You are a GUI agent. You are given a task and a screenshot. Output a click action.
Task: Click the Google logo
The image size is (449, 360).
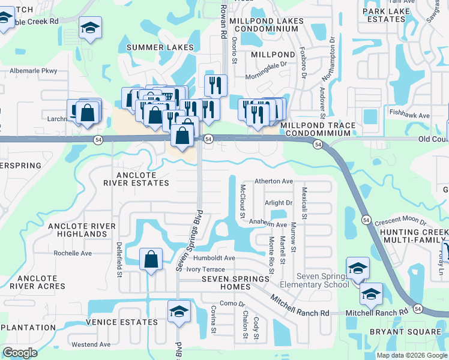(20, 352)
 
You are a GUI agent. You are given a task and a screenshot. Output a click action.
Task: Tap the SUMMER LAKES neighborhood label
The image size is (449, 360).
(160, 47)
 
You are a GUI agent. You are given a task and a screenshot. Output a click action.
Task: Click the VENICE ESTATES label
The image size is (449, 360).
(122, 322)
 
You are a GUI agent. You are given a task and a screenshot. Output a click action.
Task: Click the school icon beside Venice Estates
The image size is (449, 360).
(179, 311)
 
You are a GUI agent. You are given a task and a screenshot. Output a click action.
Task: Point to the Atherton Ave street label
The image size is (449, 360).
(274, 181)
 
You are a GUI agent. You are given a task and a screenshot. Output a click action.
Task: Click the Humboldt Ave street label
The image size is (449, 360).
(214, 258)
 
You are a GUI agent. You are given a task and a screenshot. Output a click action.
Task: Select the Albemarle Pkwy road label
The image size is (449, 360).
(32, 71)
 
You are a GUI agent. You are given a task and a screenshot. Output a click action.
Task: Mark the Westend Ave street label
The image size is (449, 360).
(91, 345)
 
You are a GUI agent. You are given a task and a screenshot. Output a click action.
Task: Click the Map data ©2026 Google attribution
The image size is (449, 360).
(411, 355)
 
